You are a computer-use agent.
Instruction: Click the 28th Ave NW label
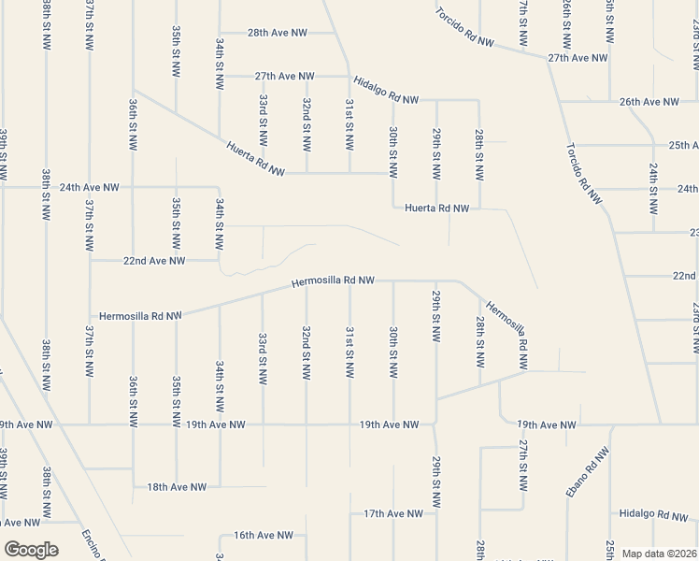(x=278, y=33)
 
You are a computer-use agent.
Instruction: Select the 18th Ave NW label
(x=177, y=487)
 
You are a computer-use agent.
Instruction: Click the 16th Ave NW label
(x=264, y=536)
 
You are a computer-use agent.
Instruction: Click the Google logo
(x=31, y=550)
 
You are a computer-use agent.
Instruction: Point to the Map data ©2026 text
(x=660, y=554)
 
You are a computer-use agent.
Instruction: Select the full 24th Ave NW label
(x=90, y=187)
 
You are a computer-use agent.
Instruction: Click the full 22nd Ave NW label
(x=153, y=261)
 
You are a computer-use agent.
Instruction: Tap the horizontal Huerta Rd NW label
(x=436, y=209)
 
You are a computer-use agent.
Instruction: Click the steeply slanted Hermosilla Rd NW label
(x=507, y=324)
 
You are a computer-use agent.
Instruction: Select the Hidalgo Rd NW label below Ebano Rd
(x=654, y=515)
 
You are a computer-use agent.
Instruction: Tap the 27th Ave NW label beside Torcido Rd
(x=578, y=58)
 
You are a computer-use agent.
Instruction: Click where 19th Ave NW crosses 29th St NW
(x=435, y=424)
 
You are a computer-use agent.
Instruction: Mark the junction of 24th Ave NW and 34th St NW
(x=220, y=187)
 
